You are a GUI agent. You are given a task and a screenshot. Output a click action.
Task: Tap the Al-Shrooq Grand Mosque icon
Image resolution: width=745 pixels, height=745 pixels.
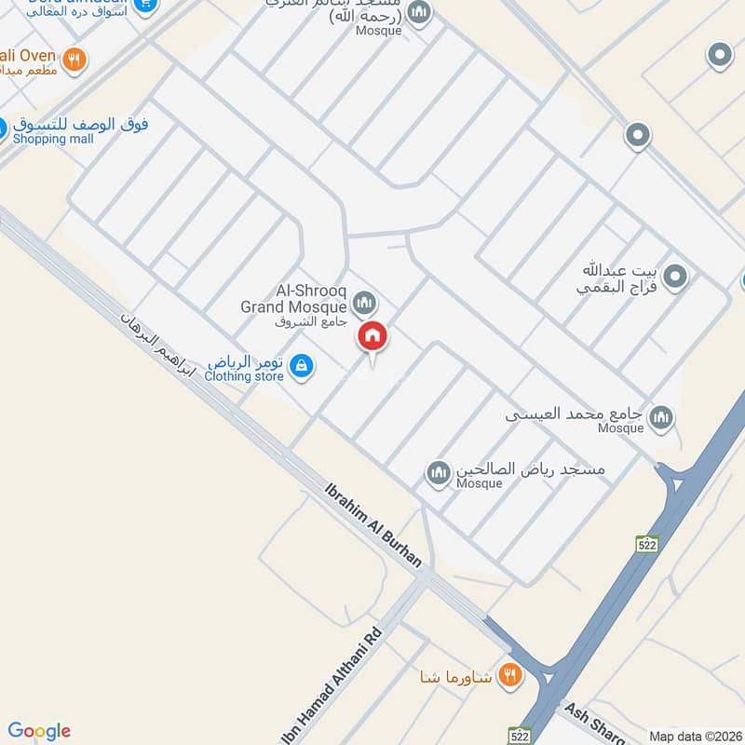[364, 302]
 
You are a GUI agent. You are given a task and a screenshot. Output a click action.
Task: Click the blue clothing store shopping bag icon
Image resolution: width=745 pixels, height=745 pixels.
[301, 367]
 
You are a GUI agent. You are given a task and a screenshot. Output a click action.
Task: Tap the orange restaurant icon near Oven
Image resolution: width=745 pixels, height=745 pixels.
[75, 61]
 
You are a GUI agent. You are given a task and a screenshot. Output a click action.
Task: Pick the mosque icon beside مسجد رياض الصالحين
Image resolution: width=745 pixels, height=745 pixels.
[439, 474]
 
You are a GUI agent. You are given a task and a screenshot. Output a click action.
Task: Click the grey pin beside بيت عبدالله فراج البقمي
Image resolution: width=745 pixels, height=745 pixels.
[676, 277]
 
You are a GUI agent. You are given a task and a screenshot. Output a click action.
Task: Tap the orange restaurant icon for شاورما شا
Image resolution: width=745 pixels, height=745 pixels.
[508, 675]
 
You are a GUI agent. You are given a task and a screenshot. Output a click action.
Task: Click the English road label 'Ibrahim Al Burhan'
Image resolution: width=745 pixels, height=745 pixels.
[373, 524]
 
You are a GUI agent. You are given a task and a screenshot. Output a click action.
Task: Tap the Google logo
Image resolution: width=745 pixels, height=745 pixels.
[39, 731]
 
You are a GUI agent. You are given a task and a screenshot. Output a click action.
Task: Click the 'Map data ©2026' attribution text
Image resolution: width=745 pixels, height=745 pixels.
[694, 736]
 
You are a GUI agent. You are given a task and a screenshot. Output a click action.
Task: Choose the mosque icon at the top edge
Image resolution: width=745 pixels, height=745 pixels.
[420, 12]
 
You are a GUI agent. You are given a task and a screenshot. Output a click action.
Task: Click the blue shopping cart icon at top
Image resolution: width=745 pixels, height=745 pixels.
[144, 5]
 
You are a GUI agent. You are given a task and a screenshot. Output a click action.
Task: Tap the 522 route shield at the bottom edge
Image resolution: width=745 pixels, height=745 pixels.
[520, 736]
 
